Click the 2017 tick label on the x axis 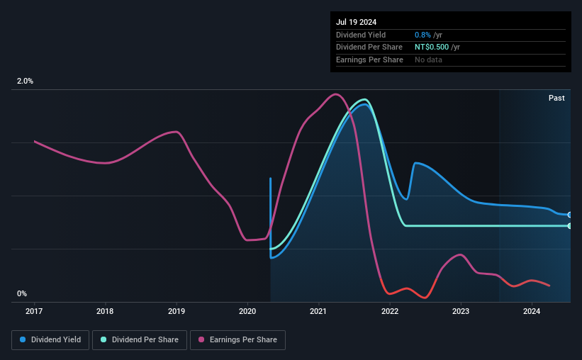point(34,310)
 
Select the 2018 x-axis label point(105,310)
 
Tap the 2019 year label point(177,310)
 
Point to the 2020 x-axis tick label point(247,310)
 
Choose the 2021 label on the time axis point(318,310)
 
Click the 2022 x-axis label point(390,310)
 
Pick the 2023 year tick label point(461,310)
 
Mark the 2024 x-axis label point(532,310)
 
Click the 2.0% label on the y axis point(25,81)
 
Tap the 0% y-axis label point(22,294)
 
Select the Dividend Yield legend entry point(50,340)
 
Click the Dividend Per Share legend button point(140,340)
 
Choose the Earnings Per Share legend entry point(237,340)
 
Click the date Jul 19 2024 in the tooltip point(356,22)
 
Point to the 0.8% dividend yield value point(422,35)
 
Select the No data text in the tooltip point(429,60)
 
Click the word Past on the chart point(556,98)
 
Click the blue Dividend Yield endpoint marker point(569,214)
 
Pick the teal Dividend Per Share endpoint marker point(569,226)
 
